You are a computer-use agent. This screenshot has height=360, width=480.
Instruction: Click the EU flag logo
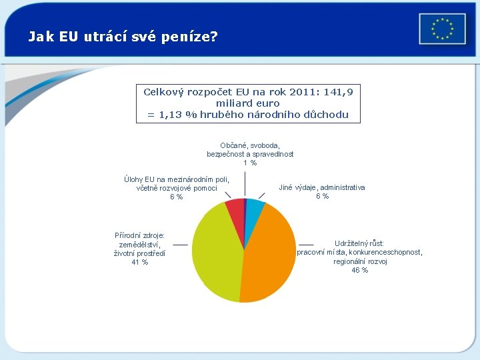pos(441,29)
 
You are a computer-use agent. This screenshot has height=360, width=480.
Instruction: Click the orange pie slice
pos(270,260)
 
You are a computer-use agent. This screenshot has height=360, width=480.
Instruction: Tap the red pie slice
pos(235,210)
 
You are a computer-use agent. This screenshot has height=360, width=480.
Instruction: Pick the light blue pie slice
pos(254,209)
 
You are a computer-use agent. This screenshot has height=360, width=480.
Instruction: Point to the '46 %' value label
pos(359,270)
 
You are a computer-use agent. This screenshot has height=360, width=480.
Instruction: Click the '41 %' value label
pos(140,262)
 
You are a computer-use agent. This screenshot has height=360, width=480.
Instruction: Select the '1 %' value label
pos(250,163)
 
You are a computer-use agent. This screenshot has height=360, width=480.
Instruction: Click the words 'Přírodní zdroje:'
pos(140,235)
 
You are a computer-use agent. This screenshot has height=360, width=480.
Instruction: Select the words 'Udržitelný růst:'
pos(359,243)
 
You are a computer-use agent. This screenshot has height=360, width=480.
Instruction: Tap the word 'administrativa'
pos(343,187)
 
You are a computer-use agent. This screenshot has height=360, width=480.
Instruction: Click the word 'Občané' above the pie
pos(233,145)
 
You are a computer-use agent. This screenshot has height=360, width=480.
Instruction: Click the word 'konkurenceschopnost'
pos(385,253)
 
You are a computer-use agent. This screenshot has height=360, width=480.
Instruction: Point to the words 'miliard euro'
pos(247,103)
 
